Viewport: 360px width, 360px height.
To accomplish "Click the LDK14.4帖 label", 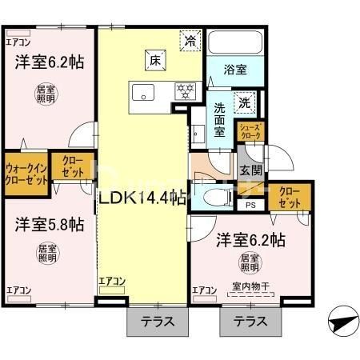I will [142, 196].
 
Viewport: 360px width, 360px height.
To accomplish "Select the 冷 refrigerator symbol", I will [190, 39].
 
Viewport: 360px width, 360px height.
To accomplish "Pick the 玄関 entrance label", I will [251, 170].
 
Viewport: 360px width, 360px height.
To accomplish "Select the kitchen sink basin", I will [143, 90].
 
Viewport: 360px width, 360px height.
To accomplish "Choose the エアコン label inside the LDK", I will [112, 281].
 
